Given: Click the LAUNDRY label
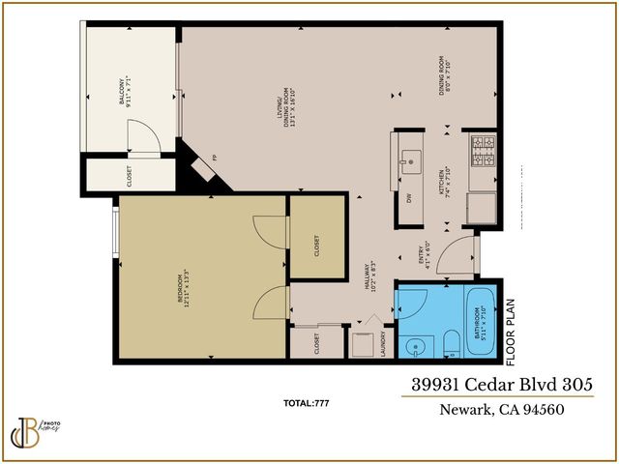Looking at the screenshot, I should [x=383, y=345].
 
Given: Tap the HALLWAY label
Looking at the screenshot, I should [x=371, y=279].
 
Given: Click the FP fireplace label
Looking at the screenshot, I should [x=215, y=158].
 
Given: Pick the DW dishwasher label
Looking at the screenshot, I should [x=409, y=198].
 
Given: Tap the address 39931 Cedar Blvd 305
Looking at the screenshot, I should [x=496, y=385].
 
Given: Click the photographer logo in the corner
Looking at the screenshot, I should [x=35, y=426].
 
